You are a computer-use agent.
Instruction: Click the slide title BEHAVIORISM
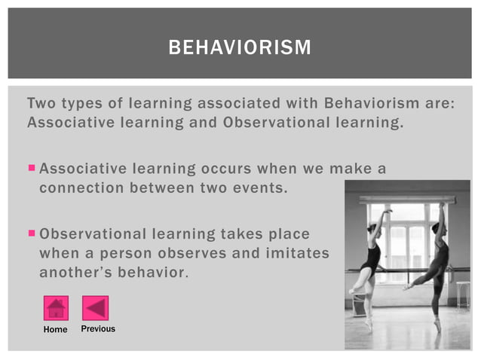pos(240,48)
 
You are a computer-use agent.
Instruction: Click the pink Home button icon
pos(56,308)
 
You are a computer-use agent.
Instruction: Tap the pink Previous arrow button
pos(96,308)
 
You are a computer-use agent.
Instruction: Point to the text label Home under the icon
pos(55,329)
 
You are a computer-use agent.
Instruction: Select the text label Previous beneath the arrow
pos(98,329)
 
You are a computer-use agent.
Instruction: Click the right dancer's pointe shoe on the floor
pos(437,325)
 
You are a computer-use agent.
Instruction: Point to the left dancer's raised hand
pos(389,212)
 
